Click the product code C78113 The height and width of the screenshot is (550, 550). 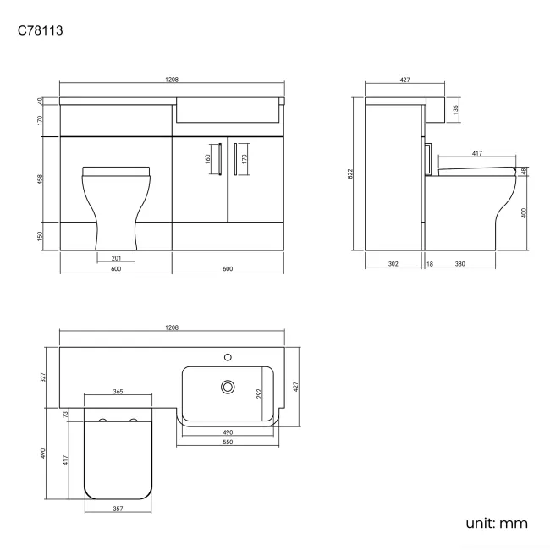click(x=41, y=31)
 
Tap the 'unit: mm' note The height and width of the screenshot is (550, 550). click(x=497, y=523)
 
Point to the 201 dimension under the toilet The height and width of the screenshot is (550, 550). click(x=116, y=258)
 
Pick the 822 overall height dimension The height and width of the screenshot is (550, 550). click(x=351, y=173)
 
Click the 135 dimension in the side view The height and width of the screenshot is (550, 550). click(x=456, y=109)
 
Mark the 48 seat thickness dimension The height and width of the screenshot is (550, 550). click(x=525, y=171)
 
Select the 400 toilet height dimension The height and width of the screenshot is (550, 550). click(x=525, y=212)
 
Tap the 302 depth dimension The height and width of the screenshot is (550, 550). click(x=393, y=264)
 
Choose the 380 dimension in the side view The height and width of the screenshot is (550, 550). click(x=459, y=264)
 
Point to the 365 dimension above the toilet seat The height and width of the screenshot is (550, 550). click(x=118, y=392)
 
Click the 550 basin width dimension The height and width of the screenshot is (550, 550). click(x=227, y=443)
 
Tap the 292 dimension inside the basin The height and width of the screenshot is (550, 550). click(x=260, y=393)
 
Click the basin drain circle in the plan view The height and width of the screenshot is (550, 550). click(x=227, y=387)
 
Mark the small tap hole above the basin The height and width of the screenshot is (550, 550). click(x=227, y=356)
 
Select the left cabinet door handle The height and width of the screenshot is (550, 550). click(x=218, y=157)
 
